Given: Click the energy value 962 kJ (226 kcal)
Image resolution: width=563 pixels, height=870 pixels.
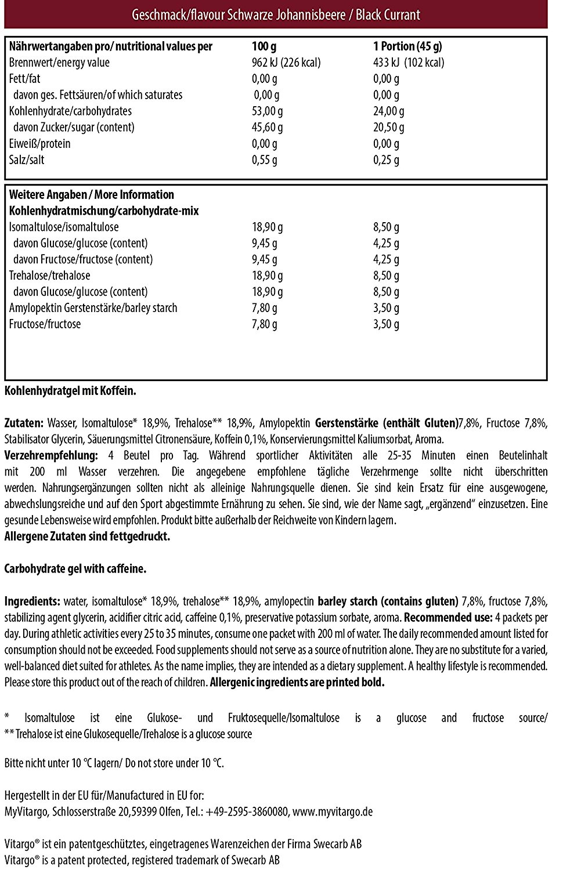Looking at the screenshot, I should point(286,63).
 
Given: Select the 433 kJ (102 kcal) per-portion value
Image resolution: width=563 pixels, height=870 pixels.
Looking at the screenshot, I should point(409,63).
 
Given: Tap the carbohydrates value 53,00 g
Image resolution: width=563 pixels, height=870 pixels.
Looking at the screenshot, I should point(268,111).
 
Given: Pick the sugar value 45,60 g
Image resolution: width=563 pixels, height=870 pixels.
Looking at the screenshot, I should point(268,128).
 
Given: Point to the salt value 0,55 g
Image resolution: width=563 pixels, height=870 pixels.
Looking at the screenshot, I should point(265,160).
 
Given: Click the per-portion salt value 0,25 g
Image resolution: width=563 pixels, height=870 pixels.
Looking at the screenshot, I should point(386,160).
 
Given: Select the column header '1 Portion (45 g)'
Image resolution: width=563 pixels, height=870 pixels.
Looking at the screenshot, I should point(407,46).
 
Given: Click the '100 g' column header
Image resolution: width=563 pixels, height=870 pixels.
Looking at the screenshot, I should point(265,46).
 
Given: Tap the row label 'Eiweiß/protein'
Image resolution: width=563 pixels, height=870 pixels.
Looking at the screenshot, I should point(40,144).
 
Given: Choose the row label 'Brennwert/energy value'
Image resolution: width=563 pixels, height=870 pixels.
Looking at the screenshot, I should point(59,63).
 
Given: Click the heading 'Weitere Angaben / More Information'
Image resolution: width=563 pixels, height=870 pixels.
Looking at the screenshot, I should point(92,195).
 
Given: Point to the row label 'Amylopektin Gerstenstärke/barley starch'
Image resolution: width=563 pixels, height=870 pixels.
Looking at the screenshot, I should point(93,308).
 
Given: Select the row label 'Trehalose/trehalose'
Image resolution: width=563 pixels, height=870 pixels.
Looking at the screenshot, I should point(50,275).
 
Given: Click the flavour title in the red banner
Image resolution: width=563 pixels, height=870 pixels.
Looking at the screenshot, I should point(276,14).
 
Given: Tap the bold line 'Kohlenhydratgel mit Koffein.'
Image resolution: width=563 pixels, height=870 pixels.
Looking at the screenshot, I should point(70,391).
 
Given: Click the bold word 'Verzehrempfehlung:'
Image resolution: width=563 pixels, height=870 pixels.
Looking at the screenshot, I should point(51,456).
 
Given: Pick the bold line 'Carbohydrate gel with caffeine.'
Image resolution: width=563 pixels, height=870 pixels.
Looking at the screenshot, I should point(75,569).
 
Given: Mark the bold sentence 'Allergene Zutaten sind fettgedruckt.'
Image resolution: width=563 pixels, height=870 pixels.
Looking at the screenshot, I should point(87,536).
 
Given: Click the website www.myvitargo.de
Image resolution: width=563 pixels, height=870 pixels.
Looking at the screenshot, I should point(333,812).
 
